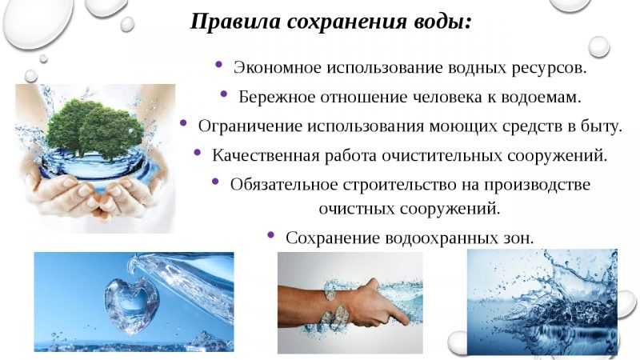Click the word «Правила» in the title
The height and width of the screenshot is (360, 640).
click(234, 22)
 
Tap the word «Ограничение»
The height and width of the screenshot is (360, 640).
click(250, 126)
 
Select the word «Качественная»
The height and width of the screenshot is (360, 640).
click(266, 155)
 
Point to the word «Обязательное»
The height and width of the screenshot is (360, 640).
click(284, 185)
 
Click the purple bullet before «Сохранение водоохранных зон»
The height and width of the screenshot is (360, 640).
click(270, 234)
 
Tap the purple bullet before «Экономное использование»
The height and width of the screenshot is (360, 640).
click(218, 64)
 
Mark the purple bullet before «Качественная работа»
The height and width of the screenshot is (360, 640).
click(197, 152)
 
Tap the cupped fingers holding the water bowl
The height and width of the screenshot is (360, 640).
click(92, 196)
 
